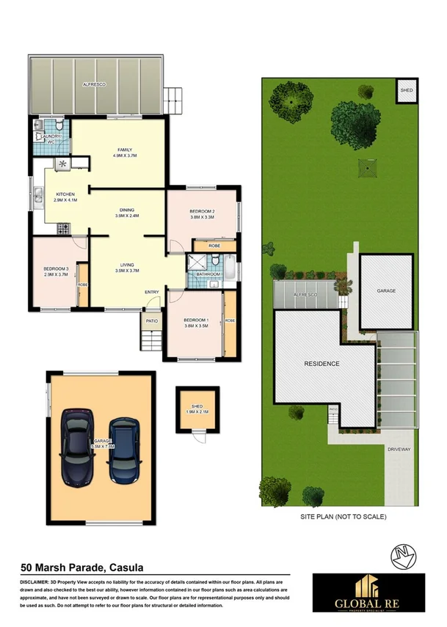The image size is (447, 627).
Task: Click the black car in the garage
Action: (x=77, y=447)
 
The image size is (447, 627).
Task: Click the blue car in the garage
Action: (x=124, y=450)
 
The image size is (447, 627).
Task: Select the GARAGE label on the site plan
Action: (x=386, y=291)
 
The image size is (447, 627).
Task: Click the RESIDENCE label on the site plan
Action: (x=321, y=364)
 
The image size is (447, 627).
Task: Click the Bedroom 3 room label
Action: (x=56, y=271)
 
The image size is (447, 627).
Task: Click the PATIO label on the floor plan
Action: (x=151, y=320)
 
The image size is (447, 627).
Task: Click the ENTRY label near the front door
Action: (x=152, y=293)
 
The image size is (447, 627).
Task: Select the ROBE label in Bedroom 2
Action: (x=214, y=246)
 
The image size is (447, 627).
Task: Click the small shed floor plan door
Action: (x=197, y=436)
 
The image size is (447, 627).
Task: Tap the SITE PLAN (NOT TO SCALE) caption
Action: (x=343, y=516)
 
